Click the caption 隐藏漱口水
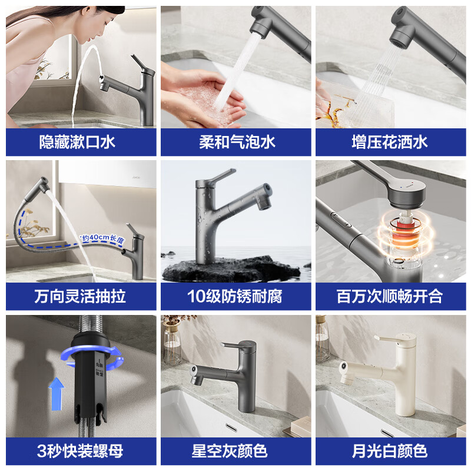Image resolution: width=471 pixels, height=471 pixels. coord(81,142)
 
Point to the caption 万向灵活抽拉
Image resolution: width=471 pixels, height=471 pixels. coord(81,296)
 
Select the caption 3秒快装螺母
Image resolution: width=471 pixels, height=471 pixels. coord(81,451)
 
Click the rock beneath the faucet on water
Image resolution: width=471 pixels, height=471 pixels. coord(230,268)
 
